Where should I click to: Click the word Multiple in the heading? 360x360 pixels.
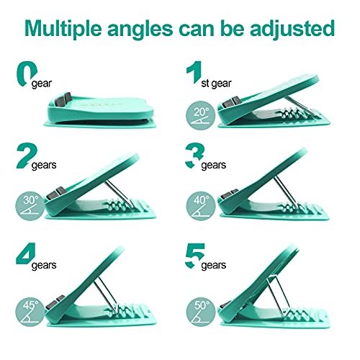click(x=63, y=30)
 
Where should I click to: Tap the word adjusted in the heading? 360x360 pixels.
click(x=292, y=29)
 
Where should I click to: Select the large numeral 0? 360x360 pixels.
click(x=26, y=73)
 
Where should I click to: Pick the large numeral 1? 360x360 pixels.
click(x=195, y=72)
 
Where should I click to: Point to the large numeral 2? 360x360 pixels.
click(x=27, y=156)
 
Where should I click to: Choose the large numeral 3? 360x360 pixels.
click(x=194, y=156)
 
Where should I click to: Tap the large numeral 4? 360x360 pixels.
click(x=26, y=253)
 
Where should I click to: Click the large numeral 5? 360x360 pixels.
click(x=194, y=256)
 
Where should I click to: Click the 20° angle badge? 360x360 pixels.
click(x=200, y=115)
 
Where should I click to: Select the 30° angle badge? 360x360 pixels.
click(x=30, y=206)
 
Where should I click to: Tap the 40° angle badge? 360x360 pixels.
click(x=201, y=206)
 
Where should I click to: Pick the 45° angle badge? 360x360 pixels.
click(x=30, y=312)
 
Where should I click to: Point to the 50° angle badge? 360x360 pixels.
click(x=201, y=312)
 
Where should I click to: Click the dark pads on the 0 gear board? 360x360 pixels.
click(x=63, y=99)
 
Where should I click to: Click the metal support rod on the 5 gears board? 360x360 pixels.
click(x=279, y=295)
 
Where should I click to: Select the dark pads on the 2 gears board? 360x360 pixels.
click(x=55, y=193)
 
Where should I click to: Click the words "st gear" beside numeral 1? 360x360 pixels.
click(x=216, y=84)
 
